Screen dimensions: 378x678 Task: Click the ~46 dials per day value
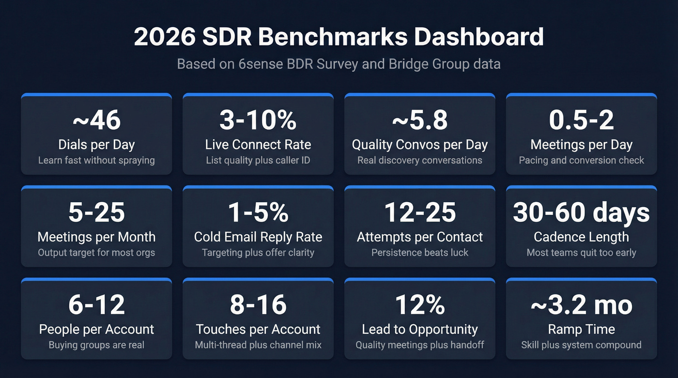point(96,120)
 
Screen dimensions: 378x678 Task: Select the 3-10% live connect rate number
point(258,120)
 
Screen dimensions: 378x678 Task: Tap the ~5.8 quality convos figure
point(420,120)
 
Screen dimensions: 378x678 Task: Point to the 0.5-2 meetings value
point(581,120)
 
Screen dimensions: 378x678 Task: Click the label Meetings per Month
point(96,237)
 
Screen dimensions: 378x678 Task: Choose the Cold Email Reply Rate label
point(258,237)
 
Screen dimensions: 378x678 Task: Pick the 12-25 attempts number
point(420,212)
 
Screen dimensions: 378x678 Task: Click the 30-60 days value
point(581,212)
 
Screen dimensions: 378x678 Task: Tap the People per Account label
point(96,329)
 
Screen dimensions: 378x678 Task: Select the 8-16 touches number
point(258,305)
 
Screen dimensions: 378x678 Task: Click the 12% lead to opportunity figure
point(420,305)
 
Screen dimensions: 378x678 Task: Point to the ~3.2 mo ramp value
point(581,305)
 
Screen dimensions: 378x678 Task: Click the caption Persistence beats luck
point(420,252)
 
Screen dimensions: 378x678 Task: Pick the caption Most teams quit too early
point(581,252)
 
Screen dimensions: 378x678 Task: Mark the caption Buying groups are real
point(96,345)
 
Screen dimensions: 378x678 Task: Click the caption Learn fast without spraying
point(96,160)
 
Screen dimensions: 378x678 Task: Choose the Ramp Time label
point(581,329)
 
